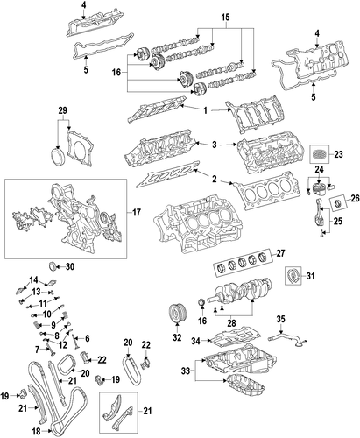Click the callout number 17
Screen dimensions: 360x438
click(x=137, y=212)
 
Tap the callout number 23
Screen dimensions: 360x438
click(x=338, y=154)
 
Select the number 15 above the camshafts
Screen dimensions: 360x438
click(x=225, y=18)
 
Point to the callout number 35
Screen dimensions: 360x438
click(x=280, y=319)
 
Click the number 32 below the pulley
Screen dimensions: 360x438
click(x=177, y=337)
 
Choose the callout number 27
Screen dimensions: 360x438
click(x=280, y=253)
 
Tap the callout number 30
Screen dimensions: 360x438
click(x=69, y=266)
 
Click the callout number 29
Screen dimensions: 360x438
click(x=62, y=110)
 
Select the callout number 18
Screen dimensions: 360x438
click(x=36, y=431)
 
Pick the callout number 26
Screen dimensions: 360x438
click(x=355, y=199)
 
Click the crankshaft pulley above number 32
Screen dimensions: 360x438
click(x=177, y=313)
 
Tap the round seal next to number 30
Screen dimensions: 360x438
click(x=52, y=266)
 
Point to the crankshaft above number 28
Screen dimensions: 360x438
click(x=239, y=292)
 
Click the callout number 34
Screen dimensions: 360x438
click(x=196, y=341)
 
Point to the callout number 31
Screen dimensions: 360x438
click(x=310, y=275)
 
